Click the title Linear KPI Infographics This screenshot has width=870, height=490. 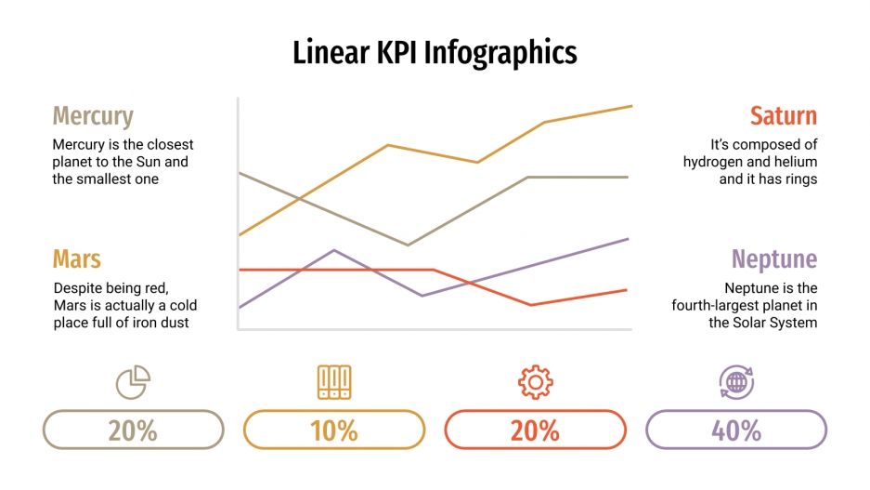coord(435,52)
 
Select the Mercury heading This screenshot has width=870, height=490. coord(93,116)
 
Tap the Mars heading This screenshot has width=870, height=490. coord(77,258)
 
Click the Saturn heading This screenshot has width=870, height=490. coord(784,116)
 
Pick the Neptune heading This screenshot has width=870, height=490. coord(773,258)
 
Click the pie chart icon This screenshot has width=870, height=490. coord(133,381)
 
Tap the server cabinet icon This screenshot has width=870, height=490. coord(334,381)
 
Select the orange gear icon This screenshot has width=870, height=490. coord(536,381)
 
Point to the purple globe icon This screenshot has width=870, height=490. coord(736,381)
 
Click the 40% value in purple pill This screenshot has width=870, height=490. coord(736,430)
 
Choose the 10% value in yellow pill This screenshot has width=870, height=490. coord(334,430)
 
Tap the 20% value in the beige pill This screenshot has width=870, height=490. coord(133,430)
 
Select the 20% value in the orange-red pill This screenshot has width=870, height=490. coord(536,430)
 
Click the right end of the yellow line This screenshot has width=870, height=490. coord(631,106)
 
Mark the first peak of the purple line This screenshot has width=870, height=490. coord(334,250)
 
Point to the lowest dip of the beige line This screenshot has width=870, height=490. coord(408,245)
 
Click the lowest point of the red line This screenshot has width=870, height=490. coord(532,305)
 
